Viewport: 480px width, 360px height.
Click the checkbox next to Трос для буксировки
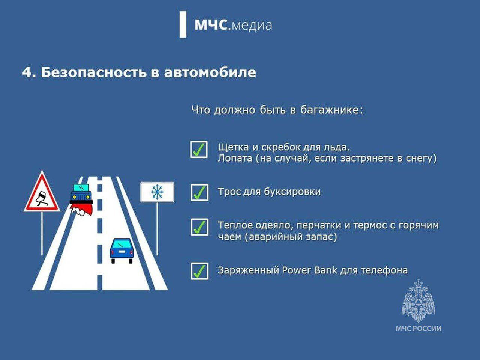tap(199, 193)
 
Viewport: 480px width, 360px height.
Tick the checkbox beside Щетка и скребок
tap(199, 150)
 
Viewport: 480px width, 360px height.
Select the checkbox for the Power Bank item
tap(199, 271)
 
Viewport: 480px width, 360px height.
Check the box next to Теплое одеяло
tap(199, 227)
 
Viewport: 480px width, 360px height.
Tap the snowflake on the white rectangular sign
tap(157, 192)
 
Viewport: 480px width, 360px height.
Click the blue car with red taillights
tap(121, 251)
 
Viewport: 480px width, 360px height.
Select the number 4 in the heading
tap(27, 73)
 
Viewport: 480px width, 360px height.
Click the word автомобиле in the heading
tap(210, 72)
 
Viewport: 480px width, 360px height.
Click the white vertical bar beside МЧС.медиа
tap(183, 25)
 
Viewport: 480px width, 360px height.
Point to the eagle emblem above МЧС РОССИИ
tap(418, 300)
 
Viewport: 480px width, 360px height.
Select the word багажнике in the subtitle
tap(331, 110)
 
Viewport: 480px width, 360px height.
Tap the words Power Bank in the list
tap(309, 270)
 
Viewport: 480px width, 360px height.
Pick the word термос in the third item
tap(369, 225)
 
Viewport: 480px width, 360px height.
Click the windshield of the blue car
tap(121, 244)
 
